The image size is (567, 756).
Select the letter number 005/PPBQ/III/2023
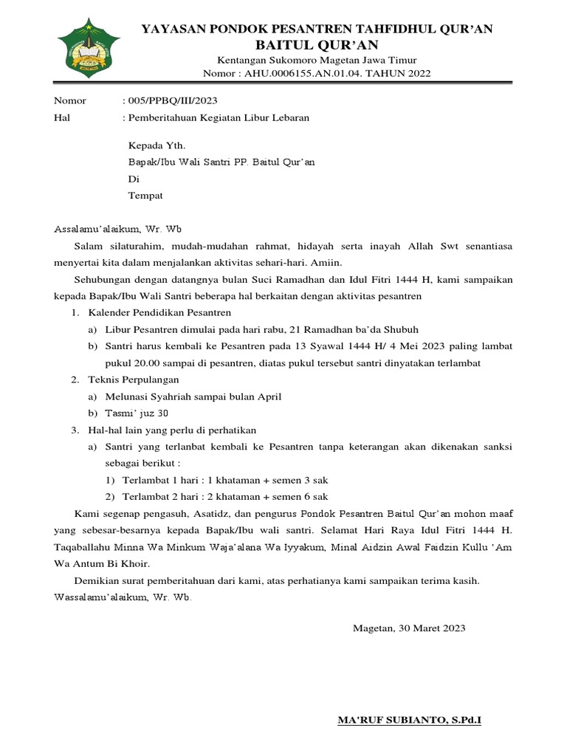click(x=173, y=101)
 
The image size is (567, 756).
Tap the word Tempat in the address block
click(x=145, y=196)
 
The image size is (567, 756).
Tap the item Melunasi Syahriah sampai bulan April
click(x=193, y=396)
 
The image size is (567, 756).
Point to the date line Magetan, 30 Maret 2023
click(x=409, y=629)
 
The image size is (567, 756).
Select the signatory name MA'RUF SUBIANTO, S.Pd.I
click(x=408, y=718)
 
